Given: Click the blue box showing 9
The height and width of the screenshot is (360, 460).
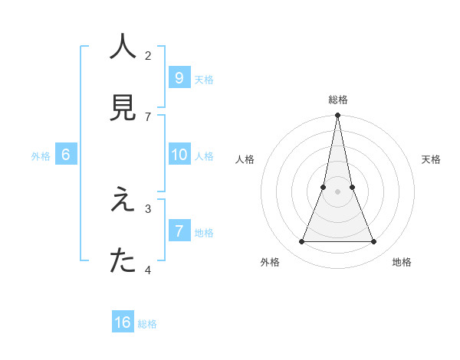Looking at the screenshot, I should coord(179,77).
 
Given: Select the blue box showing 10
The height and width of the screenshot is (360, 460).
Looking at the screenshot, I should coord(179,155).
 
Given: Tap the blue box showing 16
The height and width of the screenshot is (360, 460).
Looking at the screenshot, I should coord(123,322).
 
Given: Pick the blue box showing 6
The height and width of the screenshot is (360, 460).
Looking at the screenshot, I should coord(66,155).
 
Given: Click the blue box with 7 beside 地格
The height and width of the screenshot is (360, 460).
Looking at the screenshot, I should coord(179,231).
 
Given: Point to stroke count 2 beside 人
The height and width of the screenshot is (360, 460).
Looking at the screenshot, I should coord(148,55).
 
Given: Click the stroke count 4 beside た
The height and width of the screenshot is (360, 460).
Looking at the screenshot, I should coord(148,270).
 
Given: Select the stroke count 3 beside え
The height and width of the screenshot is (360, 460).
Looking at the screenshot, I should coord(148,208).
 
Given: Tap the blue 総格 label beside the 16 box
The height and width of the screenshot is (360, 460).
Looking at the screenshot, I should coord(147,324).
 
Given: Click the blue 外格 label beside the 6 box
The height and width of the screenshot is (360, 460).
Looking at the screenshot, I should coord(41,156).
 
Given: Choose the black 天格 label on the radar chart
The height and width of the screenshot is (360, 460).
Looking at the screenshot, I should coord(432,159).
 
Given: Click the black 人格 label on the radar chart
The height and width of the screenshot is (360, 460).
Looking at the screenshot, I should coord(245,159).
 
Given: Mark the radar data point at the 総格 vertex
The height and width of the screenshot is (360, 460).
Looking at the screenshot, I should coord(337,116).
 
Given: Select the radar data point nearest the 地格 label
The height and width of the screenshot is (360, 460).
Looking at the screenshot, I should coord(374,242).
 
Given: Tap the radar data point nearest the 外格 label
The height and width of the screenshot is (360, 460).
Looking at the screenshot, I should coord(301,242).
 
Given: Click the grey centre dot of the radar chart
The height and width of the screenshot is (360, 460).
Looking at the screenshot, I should coord(337,191).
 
